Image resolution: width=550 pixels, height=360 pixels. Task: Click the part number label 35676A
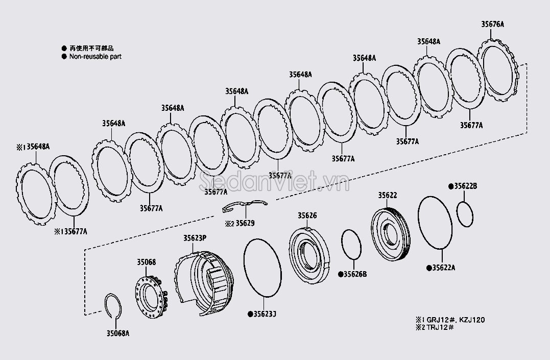pos(492,24)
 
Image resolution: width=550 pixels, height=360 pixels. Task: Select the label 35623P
pos(195,238)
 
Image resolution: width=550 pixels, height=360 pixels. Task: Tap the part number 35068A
pos(117,333)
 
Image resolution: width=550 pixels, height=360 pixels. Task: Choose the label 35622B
pos(465,186)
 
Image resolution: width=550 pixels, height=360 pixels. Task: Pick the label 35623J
pos(264,314)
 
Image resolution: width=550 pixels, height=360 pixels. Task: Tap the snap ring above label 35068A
pos(113,306)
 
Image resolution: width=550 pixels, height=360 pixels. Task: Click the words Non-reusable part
pos(95,57)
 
